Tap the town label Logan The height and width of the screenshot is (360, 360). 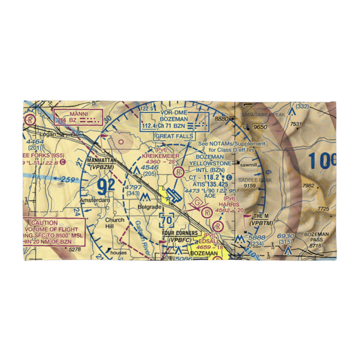(x=49, y=134)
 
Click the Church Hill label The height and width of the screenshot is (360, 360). (x=115, y=223)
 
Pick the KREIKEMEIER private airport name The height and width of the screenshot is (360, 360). (x=161, y=156)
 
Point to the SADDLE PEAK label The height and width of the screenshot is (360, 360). (x=255, y=180)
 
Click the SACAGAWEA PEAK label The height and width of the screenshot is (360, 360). (x=263, y=114)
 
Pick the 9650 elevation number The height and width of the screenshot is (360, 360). (x=260, y=127)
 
